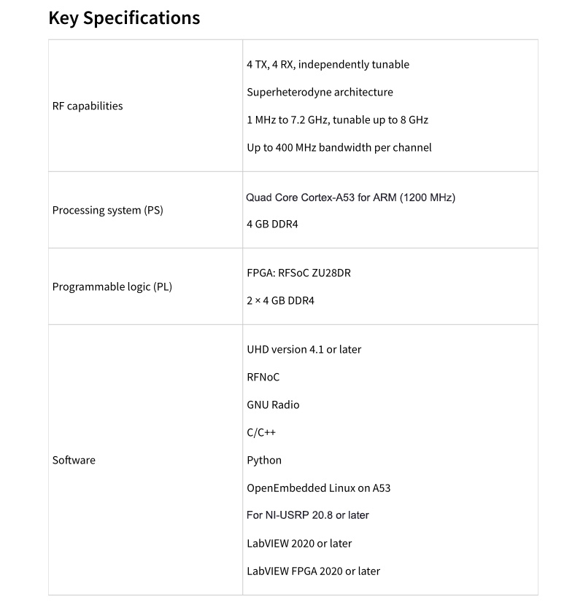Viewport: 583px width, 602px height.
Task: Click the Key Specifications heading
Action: point(124,18)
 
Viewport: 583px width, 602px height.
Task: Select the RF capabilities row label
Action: point(88,106)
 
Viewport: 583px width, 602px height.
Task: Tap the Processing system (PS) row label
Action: point(108,211)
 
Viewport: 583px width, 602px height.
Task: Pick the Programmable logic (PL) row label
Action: point(112,286)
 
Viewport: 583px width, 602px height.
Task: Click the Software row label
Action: point(74,460)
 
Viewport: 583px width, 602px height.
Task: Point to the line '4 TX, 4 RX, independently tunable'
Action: point(328,64)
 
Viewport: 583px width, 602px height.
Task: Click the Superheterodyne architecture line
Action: point(320,92)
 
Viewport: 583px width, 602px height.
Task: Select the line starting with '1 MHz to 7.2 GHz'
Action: point(338,120)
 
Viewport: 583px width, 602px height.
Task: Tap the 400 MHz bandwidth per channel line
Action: point(339,147)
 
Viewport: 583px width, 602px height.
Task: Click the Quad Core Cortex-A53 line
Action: point(351,197)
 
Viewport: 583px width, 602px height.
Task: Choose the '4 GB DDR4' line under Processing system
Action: point(272,224)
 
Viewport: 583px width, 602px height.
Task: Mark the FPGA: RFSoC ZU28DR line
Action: point(304,273)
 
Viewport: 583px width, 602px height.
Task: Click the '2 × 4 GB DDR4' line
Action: point(281,300)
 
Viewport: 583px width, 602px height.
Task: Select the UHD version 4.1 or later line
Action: point(304,349)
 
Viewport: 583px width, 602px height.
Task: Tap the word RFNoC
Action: point(263,377)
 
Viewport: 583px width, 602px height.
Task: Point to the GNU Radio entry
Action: point(273,404)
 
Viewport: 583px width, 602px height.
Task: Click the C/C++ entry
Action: point(261,432)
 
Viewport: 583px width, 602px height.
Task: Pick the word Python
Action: point(264,460)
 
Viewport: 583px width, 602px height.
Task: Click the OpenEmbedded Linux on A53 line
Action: point(319,488)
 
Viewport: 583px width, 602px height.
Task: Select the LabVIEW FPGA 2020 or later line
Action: point(314,571)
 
